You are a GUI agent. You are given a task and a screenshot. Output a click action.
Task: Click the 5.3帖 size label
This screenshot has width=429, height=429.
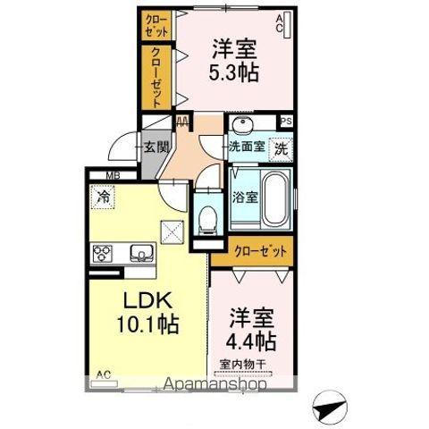coord(236,72)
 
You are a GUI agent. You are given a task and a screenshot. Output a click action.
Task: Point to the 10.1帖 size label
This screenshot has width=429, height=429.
coord(142,324)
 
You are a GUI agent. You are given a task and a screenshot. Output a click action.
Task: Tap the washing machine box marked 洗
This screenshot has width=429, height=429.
coord(281,149)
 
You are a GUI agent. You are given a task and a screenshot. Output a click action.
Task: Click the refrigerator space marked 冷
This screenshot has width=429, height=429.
coord(103,198)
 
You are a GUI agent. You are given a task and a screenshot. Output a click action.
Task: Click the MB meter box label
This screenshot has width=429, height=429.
coord(114,176)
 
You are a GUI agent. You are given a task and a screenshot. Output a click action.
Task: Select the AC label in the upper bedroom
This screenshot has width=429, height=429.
coord(279,21)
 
